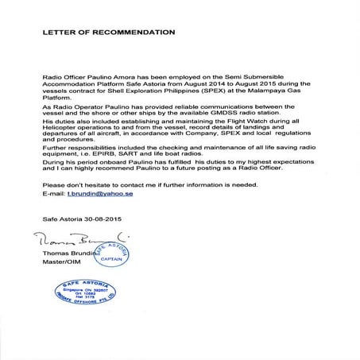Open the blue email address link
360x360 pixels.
pyautogui.click(x=95, y=194)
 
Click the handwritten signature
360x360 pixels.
pyautogui.click(x=72, y=238)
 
